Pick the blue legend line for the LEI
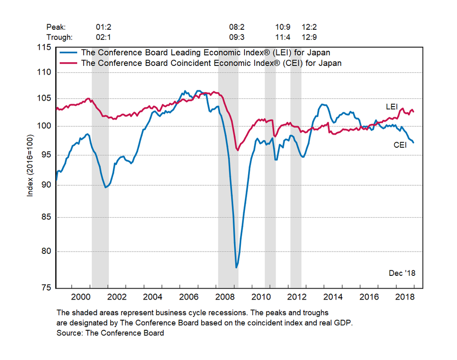(69, 53)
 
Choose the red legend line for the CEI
(69, 63)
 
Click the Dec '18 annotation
(402, 273)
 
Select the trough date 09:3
(239, 37)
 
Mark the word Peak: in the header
(56, 27)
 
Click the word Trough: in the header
(59, 37)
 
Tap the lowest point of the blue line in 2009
(236, 267)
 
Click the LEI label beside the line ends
(392, 107)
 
